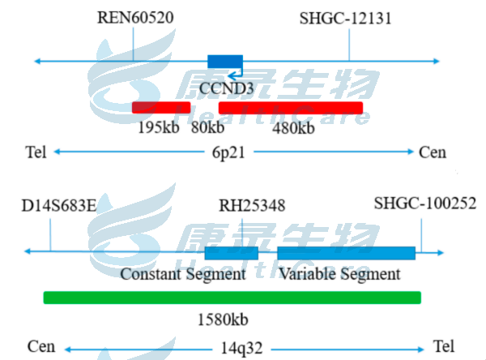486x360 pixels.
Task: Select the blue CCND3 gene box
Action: [x=225, y=62]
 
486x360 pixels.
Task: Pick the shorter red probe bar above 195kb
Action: [x=161, y=107]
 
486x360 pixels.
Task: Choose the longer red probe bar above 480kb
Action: [x=291, y=107]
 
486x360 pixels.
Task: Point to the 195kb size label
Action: [x=159, y=128]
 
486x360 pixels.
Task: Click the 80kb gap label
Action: [x=207, y=128]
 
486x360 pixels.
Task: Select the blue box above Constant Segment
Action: [x=231, y=253]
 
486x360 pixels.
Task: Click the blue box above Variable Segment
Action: [x=346, y=253]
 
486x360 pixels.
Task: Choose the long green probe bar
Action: [x=232, y=298]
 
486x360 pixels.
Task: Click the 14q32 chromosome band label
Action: [x=241, y=348]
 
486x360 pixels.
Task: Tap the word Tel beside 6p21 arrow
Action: [x=36, y=152]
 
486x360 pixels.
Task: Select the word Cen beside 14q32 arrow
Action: [x=41, y=347]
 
